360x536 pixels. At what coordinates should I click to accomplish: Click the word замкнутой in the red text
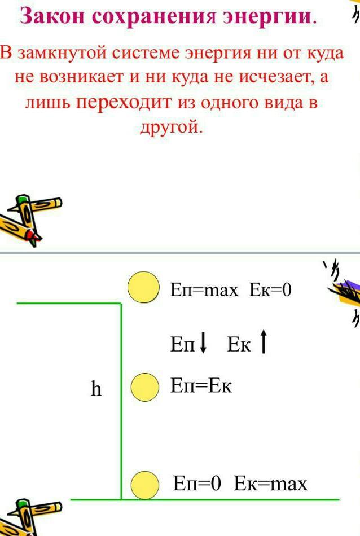point(62,54)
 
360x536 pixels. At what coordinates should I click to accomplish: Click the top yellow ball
point(143,288)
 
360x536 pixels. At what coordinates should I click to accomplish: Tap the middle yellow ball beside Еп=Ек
point(145,387)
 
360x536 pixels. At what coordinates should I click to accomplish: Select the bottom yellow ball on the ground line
point(145,485)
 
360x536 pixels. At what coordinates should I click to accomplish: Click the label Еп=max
point(204,290)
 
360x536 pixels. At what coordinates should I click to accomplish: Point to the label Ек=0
point(270,290)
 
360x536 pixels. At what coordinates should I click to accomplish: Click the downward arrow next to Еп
point(203,343)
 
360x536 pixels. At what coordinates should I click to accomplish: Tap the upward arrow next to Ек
point(264,341)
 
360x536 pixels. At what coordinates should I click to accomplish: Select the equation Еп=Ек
point(201,386)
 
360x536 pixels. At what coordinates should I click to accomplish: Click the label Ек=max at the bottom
point(271,484)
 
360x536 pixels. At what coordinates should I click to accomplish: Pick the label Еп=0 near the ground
point(196,484)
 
